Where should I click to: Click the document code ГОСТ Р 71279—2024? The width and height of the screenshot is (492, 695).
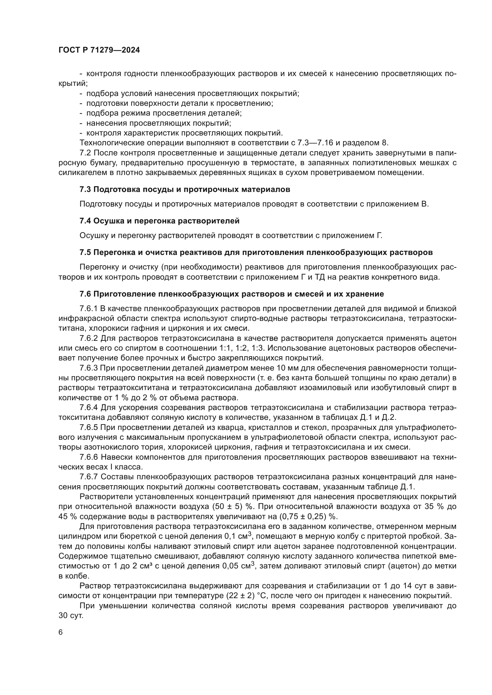pos(99,50)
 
